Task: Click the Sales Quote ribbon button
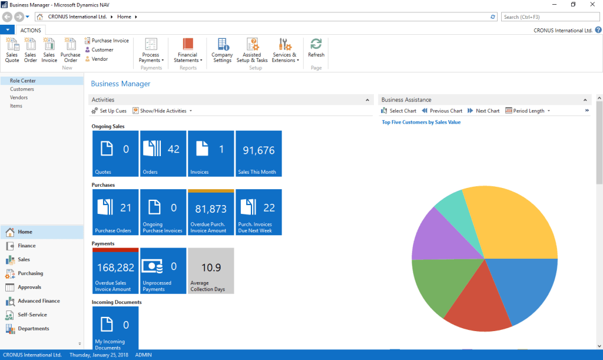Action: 12,50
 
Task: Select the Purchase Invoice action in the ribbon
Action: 107,41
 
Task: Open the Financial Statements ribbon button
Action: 188,50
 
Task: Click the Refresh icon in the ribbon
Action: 316,48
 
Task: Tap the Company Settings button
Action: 222,50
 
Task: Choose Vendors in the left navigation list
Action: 19,97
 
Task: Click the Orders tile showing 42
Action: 163,153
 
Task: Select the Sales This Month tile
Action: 259,153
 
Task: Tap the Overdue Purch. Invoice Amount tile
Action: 211,212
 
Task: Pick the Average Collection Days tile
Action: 211,271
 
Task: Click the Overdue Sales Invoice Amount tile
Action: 115,271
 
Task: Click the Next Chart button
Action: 483,111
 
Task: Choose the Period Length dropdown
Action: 528,111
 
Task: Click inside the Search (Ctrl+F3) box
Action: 550,17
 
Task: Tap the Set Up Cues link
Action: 109,111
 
